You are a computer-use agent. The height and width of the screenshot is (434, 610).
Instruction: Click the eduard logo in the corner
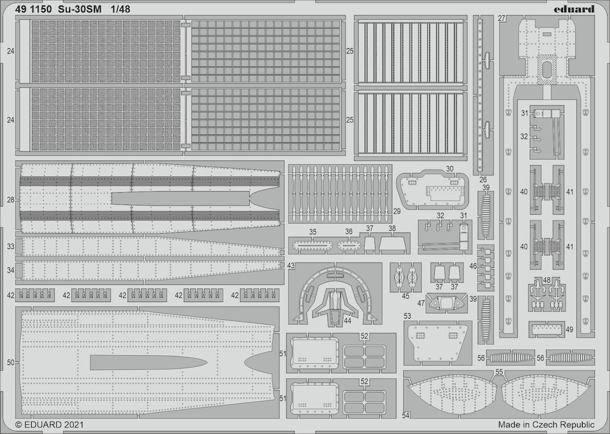pos(574,9)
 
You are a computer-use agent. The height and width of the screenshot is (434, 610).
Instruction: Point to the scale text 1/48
pos(120,9)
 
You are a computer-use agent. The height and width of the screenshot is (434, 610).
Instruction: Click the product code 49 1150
pos(33,9)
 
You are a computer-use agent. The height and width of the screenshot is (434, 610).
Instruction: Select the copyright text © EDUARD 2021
pos(49,424)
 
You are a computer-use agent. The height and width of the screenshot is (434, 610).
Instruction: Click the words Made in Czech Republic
pos(546,424)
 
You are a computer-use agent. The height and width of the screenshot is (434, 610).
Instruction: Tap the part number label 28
pos(10,200)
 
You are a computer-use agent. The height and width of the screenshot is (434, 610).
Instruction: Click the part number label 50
pos(10,363)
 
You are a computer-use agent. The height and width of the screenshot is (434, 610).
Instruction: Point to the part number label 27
pos(501,19)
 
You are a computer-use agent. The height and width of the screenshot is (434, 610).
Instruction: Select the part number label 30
pos(450,169)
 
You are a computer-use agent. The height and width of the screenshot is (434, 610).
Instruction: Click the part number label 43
pos(291,266)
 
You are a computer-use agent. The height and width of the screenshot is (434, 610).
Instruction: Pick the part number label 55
pos(499,372)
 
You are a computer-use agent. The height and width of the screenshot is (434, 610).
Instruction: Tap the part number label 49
pos(569,330)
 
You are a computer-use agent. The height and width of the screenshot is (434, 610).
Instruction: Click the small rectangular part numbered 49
pos(547,330)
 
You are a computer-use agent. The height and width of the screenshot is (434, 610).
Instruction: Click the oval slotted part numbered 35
pos(312,246)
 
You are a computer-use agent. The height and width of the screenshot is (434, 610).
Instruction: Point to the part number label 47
pos(421,303)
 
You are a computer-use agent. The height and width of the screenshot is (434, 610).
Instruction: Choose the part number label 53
pos(407,316)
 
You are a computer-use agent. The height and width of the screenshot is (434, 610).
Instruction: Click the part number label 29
pos(397,211)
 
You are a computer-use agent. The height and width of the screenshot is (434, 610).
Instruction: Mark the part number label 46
pos(473,266)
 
